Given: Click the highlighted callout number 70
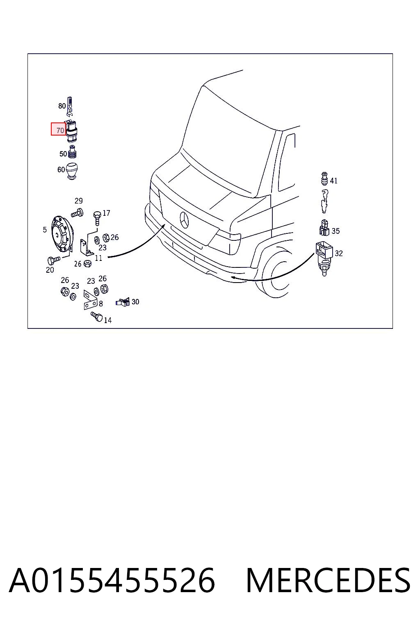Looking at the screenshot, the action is coord(60,130).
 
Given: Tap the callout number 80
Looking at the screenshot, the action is coord(62,106).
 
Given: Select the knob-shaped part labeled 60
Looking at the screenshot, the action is coord(72,171).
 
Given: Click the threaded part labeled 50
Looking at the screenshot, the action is coord(72,152).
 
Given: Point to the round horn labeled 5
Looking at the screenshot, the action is coord(62,233).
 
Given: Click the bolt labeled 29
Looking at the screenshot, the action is coord(77,213).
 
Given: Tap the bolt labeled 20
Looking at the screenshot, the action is coord(54,260).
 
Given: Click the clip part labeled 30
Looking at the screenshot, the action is coord(123,302).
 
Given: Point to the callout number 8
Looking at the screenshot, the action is coord(101,303).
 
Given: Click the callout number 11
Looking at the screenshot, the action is coord(98,258).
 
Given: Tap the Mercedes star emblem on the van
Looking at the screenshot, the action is coord(185,220).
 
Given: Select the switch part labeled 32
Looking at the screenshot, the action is coord(324,258).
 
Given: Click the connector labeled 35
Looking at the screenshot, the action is coord(324,227).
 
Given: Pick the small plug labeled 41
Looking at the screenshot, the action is coord(324,178).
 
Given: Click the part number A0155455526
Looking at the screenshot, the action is coord(112,580).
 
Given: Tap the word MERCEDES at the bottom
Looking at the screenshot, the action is coord(328,580).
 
